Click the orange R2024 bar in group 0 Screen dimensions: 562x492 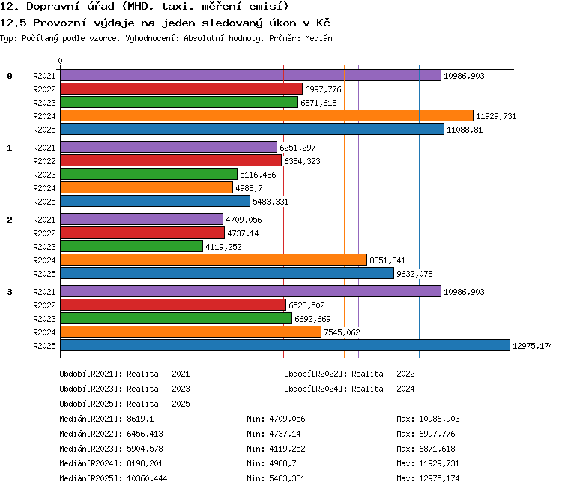coord(267,115)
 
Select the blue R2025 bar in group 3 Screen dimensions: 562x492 coord(285,345)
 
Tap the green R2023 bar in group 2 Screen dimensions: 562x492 coord(132,246)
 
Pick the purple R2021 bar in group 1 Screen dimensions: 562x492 coord(169,147)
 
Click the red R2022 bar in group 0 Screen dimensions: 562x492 coord(182,88)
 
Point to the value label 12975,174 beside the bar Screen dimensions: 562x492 coord(533,346)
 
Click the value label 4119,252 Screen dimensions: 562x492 coord(223,247)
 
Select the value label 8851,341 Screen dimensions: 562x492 coord(387,260)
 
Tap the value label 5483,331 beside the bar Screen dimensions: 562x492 coord(271,202)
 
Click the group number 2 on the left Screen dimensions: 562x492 coord(10,220)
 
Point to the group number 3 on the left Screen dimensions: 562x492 coord(10,292)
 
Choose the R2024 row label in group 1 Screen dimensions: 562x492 coord(44,188)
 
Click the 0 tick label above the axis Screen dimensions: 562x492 coord(60,61)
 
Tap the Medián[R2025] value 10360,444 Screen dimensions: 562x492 coord(147,478)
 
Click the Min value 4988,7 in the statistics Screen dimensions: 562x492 coord(282,463)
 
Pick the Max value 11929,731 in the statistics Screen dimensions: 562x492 coord(439,463)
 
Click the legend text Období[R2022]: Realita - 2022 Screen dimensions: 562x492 coord(349,374)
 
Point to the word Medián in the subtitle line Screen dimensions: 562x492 coord(318,38)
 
